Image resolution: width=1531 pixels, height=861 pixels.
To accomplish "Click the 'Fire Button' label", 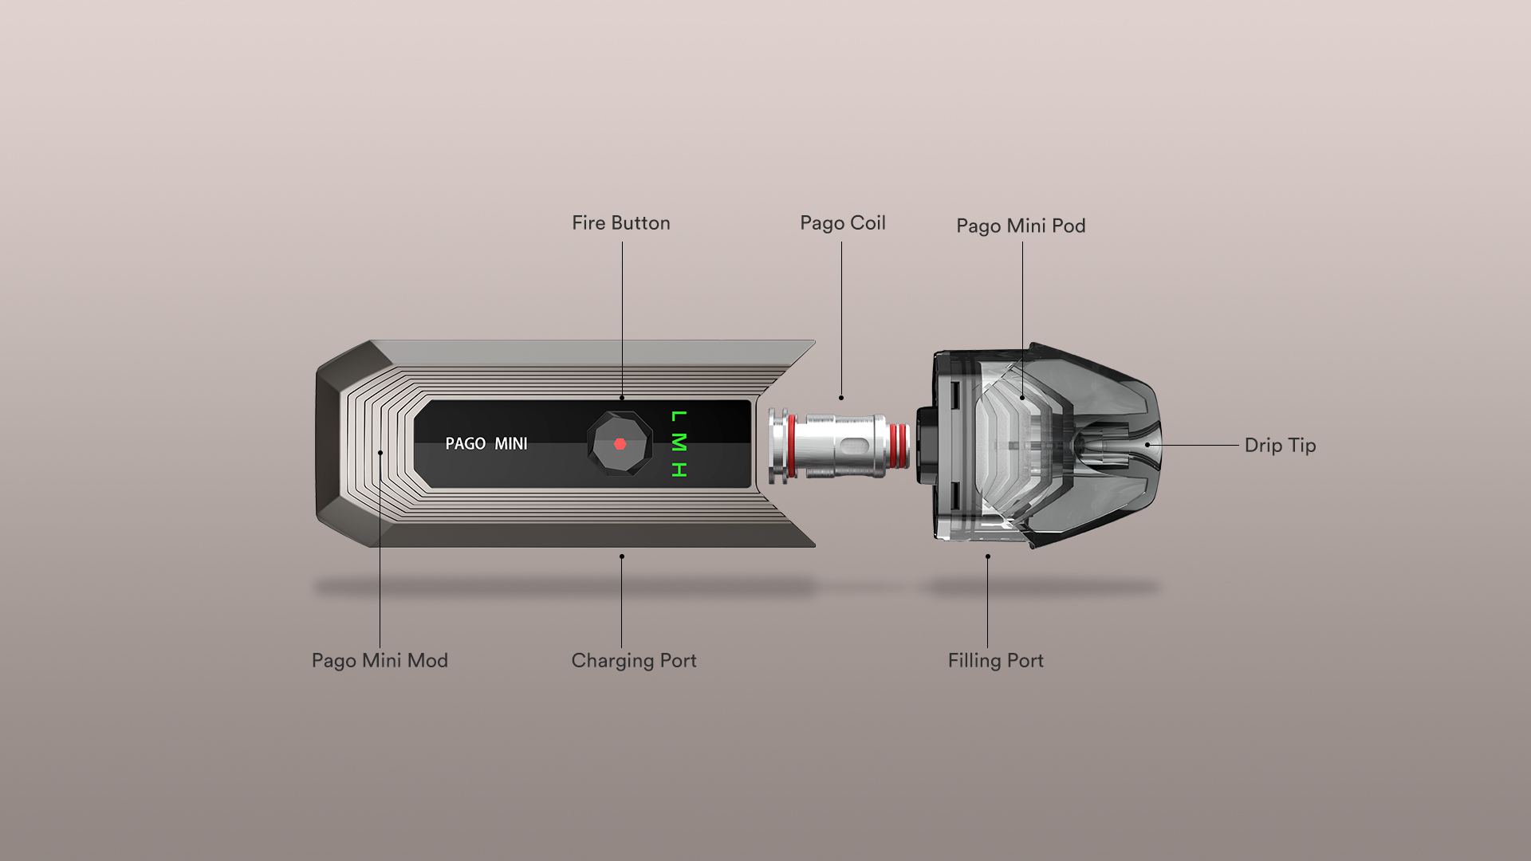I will click(x=620, y=223).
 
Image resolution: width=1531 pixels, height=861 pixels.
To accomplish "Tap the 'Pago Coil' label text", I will click(x=842, y=223).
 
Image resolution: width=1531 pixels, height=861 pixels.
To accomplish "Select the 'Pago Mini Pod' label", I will click(x=1021, y=226).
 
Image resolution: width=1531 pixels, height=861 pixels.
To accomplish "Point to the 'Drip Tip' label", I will click(x=1280, y=446).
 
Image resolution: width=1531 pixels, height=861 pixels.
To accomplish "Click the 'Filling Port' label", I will click(x=995, y=661).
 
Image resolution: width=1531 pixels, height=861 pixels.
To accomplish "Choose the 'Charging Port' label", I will click(x=634, y=661).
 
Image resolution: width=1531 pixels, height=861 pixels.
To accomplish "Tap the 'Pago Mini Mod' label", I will click(x=380, y=661).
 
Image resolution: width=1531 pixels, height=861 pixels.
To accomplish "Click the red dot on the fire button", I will click(x=620, y=444).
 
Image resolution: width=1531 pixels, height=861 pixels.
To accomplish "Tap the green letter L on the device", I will click(x=679, y=416).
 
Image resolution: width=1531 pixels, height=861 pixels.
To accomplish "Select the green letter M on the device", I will click(x=679, y=442).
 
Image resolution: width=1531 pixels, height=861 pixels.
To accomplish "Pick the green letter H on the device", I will click(x=679, y=470).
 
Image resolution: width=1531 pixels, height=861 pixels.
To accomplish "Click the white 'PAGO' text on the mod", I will click(x=465, y=444).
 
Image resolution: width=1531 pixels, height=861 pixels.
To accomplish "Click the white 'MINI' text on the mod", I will click(x=510, y=444).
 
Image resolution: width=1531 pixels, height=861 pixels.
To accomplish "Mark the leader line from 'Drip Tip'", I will click(x=1196, y=445).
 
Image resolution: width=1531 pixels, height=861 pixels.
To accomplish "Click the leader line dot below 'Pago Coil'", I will click(x=841, y=398).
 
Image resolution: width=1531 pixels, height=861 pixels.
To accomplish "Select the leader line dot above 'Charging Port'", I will click(x=622, y=556).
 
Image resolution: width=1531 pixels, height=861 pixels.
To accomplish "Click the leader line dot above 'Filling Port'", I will click(x=987, y=556).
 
